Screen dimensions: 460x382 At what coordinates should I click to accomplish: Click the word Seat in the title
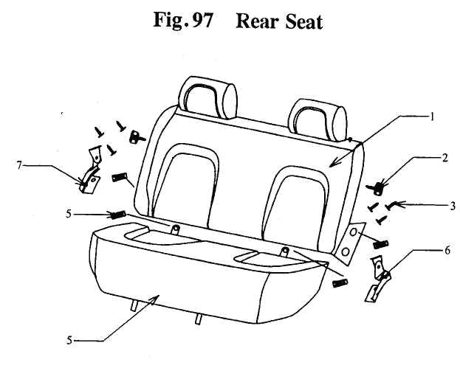304,21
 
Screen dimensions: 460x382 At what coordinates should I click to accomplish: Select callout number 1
431,117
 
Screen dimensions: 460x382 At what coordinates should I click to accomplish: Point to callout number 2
444,159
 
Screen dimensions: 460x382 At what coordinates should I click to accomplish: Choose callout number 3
452,206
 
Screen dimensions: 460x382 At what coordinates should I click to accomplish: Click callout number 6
447,251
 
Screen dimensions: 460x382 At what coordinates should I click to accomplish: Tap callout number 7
19,166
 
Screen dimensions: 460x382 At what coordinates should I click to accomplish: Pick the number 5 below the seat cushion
69,341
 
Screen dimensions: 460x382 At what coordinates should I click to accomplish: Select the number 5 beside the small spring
69,214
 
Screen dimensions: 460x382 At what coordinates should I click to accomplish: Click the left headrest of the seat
207,97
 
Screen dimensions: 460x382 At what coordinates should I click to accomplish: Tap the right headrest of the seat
317,119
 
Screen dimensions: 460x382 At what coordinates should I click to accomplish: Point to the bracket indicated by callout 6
379,279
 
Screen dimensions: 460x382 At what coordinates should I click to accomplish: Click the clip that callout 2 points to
377,187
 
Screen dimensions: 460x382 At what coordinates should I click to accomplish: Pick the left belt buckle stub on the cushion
175,229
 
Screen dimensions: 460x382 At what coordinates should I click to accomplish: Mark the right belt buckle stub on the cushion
284,251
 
